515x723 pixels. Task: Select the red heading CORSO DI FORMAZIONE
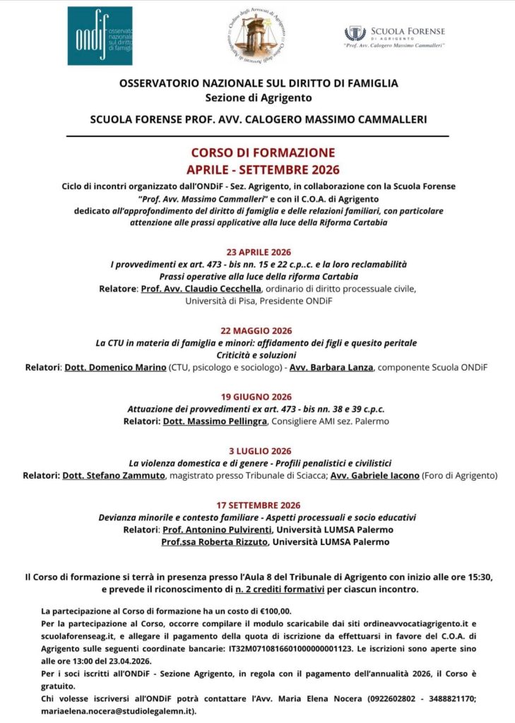pos(263,153)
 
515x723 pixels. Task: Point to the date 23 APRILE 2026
pos(259,252)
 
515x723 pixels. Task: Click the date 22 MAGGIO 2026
pos(256,330)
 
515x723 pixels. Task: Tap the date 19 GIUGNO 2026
pos(256,397)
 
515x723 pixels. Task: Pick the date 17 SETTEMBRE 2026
pos(259,505)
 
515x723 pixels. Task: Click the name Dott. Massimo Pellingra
pos(215,421)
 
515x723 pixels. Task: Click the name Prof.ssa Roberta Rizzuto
pos(205,542)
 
